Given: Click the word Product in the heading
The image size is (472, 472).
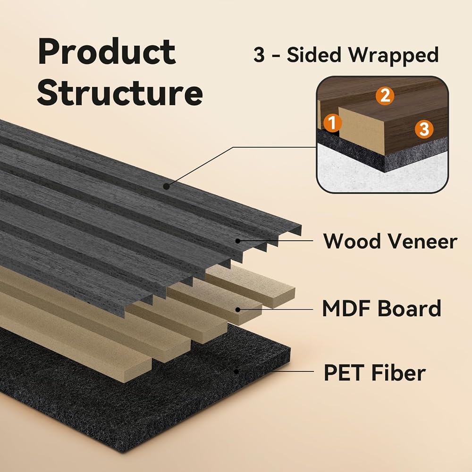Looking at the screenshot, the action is (x=107, y=51).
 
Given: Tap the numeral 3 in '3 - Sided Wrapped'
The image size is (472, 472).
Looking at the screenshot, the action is (x=259, y=55).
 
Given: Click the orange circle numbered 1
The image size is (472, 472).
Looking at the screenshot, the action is (x=332, y=123).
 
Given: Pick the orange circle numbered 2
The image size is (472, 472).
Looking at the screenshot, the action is (x=385, y=96).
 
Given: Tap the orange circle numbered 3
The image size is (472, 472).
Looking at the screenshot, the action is (x=424, y=129).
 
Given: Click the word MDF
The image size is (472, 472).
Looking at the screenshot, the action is (x=346, y=309).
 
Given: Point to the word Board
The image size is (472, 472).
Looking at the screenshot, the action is (x=409, y=309).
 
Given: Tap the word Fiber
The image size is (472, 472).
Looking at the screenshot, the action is (x=398, y=373).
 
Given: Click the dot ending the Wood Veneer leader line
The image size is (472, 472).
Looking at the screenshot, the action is (x=238, y=241).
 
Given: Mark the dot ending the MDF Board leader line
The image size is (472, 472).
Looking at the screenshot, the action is (x=238, y=310).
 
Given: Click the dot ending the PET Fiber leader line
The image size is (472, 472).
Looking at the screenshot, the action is (x=236, y=372).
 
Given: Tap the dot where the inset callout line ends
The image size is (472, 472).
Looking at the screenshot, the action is (x=166, y=186).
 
